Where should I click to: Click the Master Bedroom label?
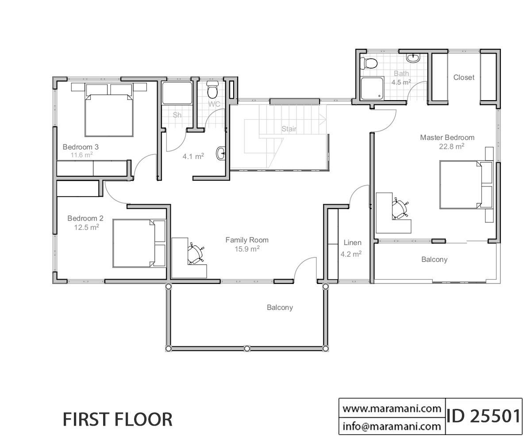[447, 137]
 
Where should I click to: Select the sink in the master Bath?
[413, 58]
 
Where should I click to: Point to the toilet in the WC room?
[212, 89]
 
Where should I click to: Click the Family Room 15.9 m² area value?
[247, 249]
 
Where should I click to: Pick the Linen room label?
[353, 243]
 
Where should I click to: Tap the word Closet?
[464, 77]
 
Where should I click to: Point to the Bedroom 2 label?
[85, 218]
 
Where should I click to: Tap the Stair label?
[289, 129]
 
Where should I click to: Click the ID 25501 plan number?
[484, 416]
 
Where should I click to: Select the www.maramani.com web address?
[392, 408]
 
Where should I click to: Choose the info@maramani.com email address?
[392, 426]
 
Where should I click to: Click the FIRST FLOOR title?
[117, 420]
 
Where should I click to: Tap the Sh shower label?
[177, 115]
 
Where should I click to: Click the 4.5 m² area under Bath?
[401, 82]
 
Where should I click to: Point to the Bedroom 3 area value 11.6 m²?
[81, 155]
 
